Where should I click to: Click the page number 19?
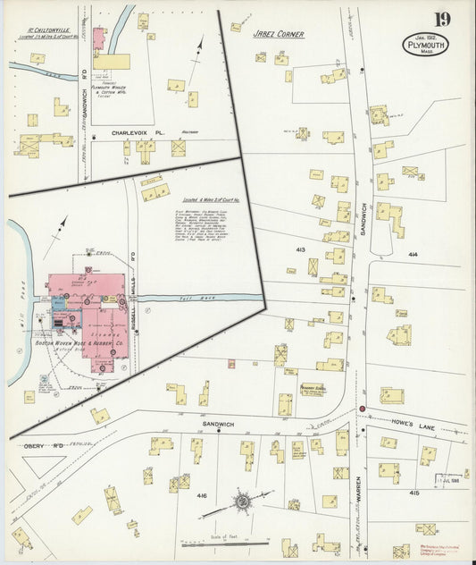443,18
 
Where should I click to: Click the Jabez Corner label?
279,34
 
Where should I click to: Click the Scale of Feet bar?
223,544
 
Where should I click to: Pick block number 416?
202,494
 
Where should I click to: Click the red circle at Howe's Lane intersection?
363,409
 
